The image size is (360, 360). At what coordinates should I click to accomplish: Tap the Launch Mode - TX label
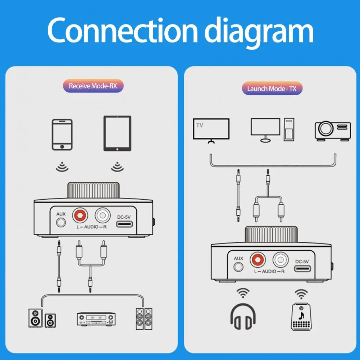click(x=272, y=88)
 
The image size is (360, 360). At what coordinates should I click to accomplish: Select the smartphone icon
click(x=62, y=135)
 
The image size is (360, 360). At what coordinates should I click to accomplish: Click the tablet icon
click(x=117, y=133)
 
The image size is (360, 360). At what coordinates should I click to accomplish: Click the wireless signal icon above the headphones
click(x=243, y=293)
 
